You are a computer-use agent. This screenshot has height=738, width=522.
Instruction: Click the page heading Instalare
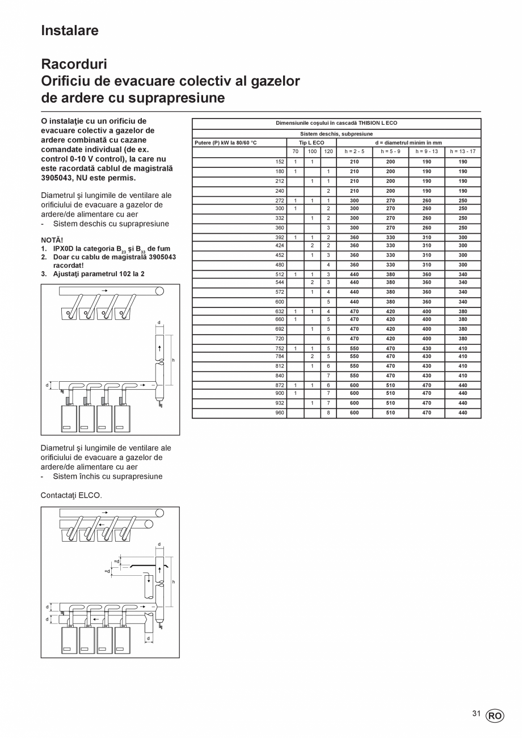(70, 31)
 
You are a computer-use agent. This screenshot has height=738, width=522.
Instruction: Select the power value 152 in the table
(280, 162)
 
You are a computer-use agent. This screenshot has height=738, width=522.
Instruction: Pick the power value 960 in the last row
(280, 413)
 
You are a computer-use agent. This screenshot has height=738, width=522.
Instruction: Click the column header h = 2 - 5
(355, 151)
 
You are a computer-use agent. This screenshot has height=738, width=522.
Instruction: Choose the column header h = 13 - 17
(462, 151)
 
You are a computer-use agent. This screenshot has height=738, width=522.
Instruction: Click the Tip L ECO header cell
(311, 143)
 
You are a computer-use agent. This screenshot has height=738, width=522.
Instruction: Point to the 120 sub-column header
(329, 151)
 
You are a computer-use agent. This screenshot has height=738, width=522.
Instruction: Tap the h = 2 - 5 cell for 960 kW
(355, 413)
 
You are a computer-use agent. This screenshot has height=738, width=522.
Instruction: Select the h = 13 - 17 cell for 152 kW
(462, 162)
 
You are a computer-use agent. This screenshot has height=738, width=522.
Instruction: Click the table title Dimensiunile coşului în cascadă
(336, 123)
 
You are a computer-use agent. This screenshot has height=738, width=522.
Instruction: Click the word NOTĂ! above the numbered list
(52, 240)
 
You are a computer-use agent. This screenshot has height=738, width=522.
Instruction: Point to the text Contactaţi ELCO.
(71, 495)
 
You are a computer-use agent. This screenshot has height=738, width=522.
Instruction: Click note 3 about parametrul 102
(96, 273)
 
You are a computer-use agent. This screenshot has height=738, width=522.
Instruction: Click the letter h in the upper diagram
(173, 361)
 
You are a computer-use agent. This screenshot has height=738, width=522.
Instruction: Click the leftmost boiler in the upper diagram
(69, 419)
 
